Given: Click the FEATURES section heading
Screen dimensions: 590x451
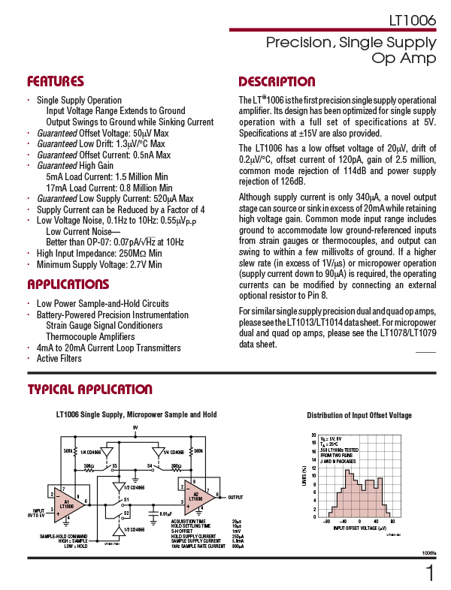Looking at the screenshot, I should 56,82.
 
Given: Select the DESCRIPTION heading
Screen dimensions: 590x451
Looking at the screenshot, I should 277,82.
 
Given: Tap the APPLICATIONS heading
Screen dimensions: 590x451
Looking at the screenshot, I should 68,284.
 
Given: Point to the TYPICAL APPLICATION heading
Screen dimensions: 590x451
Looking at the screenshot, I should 89,390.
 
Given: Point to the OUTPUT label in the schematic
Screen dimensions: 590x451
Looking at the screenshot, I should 235,497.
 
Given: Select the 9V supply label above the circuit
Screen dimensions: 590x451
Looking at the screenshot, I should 135,428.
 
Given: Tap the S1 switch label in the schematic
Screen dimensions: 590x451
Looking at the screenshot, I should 126,498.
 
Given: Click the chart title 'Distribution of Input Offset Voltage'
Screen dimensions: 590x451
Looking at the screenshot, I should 359,416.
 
